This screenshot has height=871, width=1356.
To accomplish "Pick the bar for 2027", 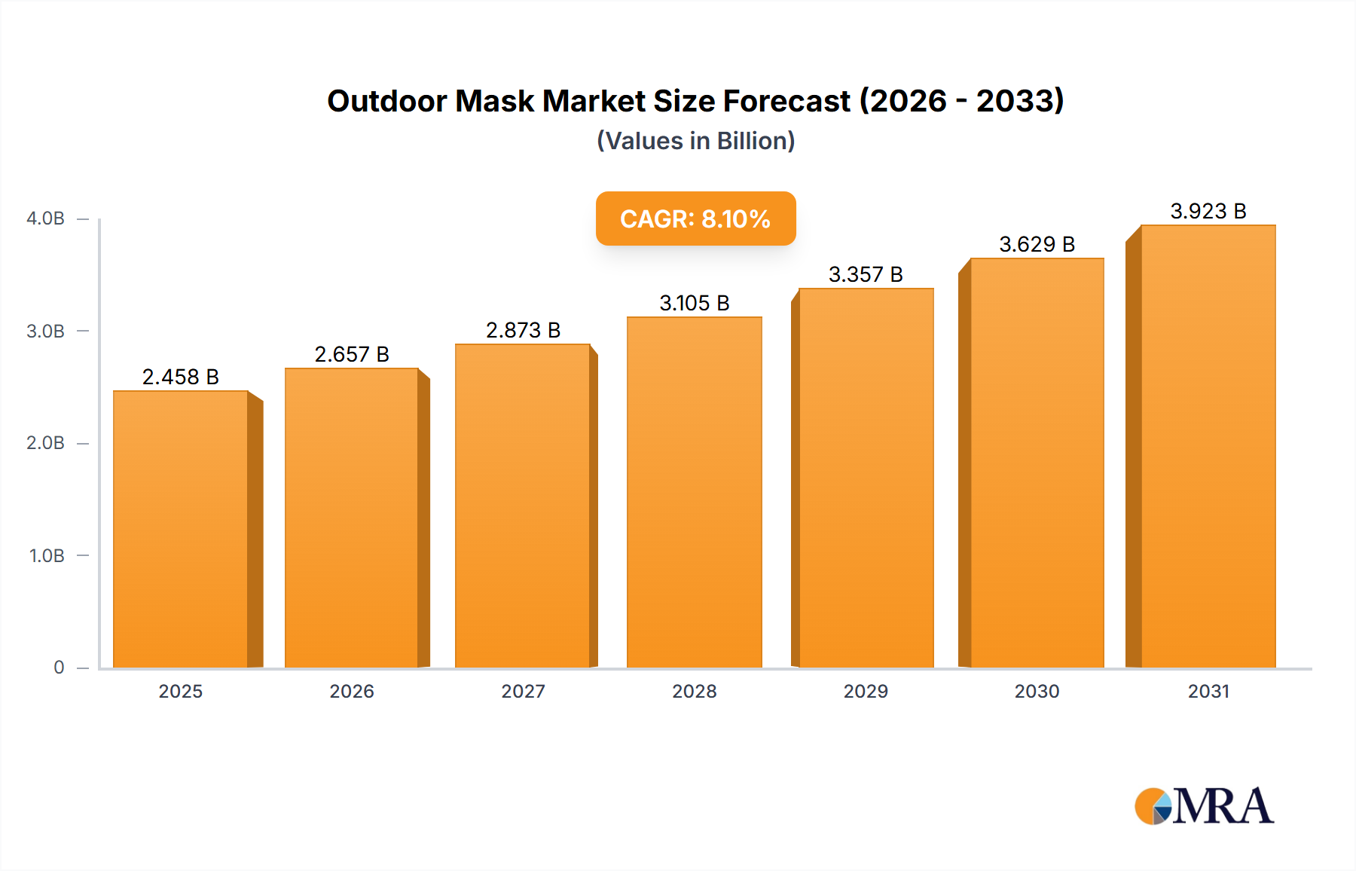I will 523,506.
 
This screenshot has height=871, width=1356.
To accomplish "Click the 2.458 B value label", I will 181,377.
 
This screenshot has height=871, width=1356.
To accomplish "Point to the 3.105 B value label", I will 695,303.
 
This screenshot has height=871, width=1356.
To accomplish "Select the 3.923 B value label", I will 1208,211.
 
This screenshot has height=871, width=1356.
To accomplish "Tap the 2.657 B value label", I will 352,354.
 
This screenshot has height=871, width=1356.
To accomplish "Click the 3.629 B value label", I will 1037,244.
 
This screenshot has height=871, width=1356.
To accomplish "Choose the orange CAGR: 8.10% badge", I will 695,219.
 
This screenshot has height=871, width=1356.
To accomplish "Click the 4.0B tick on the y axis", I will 46,219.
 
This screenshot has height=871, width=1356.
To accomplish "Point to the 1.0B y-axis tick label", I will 47,556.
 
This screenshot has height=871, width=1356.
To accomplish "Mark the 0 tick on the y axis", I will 59,668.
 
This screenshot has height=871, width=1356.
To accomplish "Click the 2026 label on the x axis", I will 352,692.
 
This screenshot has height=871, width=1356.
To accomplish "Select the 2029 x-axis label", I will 866,692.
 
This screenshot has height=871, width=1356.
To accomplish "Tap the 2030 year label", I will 1037,692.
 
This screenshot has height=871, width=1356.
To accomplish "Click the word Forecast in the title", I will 786,101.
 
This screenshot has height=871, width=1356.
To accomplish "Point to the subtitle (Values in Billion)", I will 695,141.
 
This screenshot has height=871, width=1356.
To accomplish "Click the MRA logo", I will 1205,806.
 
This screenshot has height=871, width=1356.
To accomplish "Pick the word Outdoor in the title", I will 387,101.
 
